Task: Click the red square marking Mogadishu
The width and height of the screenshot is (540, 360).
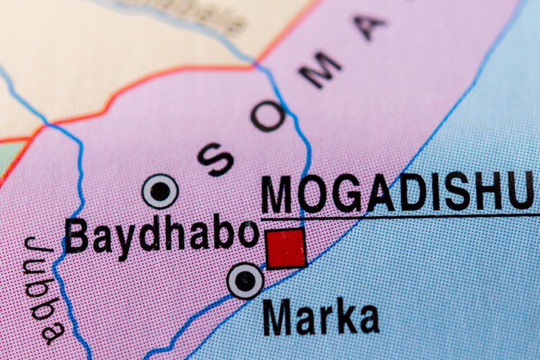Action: (286, 249)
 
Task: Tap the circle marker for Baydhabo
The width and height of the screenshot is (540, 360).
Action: (161, 191)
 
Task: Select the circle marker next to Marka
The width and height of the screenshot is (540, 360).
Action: (244, 280)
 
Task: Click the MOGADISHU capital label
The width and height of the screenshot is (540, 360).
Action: (398, 194)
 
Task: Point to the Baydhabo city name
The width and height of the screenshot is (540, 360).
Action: (162, 236)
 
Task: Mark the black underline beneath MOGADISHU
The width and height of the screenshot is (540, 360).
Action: (405, 217)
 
